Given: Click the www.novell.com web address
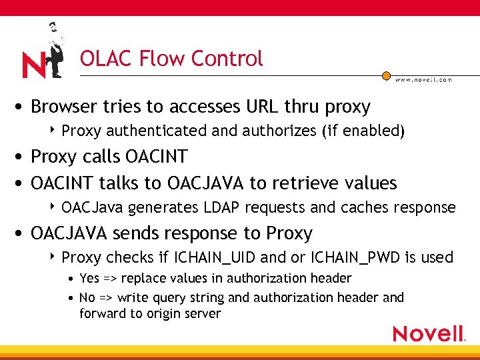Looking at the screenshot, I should pos(423,79).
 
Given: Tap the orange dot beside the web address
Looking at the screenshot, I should pos(386,76).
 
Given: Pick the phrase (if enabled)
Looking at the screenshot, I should pos(363,131).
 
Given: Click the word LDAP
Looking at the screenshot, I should pos(223,208).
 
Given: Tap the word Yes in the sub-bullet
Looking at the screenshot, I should pos(89,278).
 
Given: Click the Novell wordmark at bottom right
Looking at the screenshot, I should pos(428,333).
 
